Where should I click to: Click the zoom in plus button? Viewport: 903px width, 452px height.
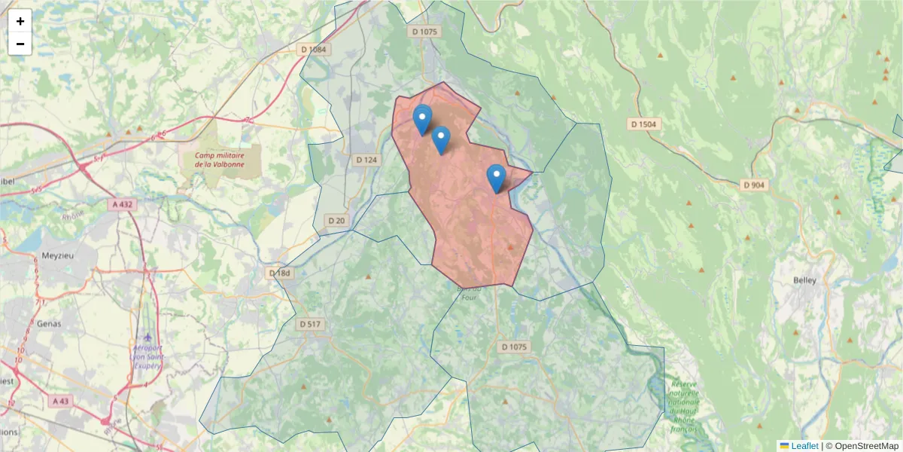tap(20, 21)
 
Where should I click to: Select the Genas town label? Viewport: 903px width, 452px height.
tap(49, 324)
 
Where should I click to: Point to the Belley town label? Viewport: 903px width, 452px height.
tap(804, 280)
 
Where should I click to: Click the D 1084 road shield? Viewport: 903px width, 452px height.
tap(314, 50)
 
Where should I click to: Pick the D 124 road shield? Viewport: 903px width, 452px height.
tap(366, 160)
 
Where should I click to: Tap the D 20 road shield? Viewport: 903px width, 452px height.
tap(336, 220)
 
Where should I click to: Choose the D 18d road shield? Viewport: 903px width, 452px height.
tap(279, 273)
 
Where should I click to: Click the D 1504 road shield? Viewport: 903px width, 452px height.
tap(644, 124)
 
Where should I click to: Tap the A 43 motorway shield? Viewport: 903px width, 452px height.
tap(61, 402)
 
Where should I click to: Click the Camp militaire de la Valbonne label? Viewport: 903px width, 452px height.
tap(220, 160)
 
